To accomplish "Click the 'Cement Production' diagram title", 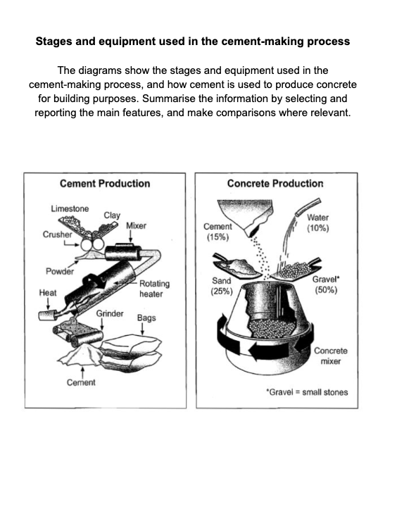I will (x=105, y=184).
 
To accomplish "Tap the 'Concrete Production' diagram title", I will (x=275, y=184).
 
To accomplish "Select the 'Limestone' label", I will (x=70, y=208).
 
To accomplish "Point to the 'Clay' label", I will (x=112, y=215).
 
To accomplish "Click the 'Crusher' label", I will (x=57, y=234).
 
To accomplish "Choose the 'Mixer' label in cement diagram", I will (x=136, y=225).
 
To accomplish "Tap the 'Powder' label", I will (x=59, y=271).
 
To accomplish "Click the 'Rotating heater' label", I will (x=154, y=289).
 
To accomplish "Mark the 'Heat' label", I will (x=48, y=292).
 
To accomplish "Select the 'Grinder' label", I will (x=110, y=313).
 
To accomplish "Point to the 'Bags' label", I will (x=146, y=318).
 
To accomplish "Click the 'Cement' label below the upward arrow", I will (x=81, y=382).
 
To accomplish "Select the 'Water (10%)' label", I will (x=318, y=223).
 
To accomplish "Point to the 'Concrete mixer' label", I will (x=329, y=356).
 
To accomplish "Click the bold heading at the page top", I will (x=192, y=41).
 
